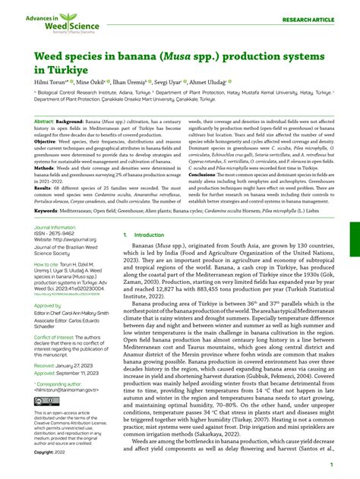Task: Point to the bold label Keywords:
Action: click(x=46, y=210)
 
